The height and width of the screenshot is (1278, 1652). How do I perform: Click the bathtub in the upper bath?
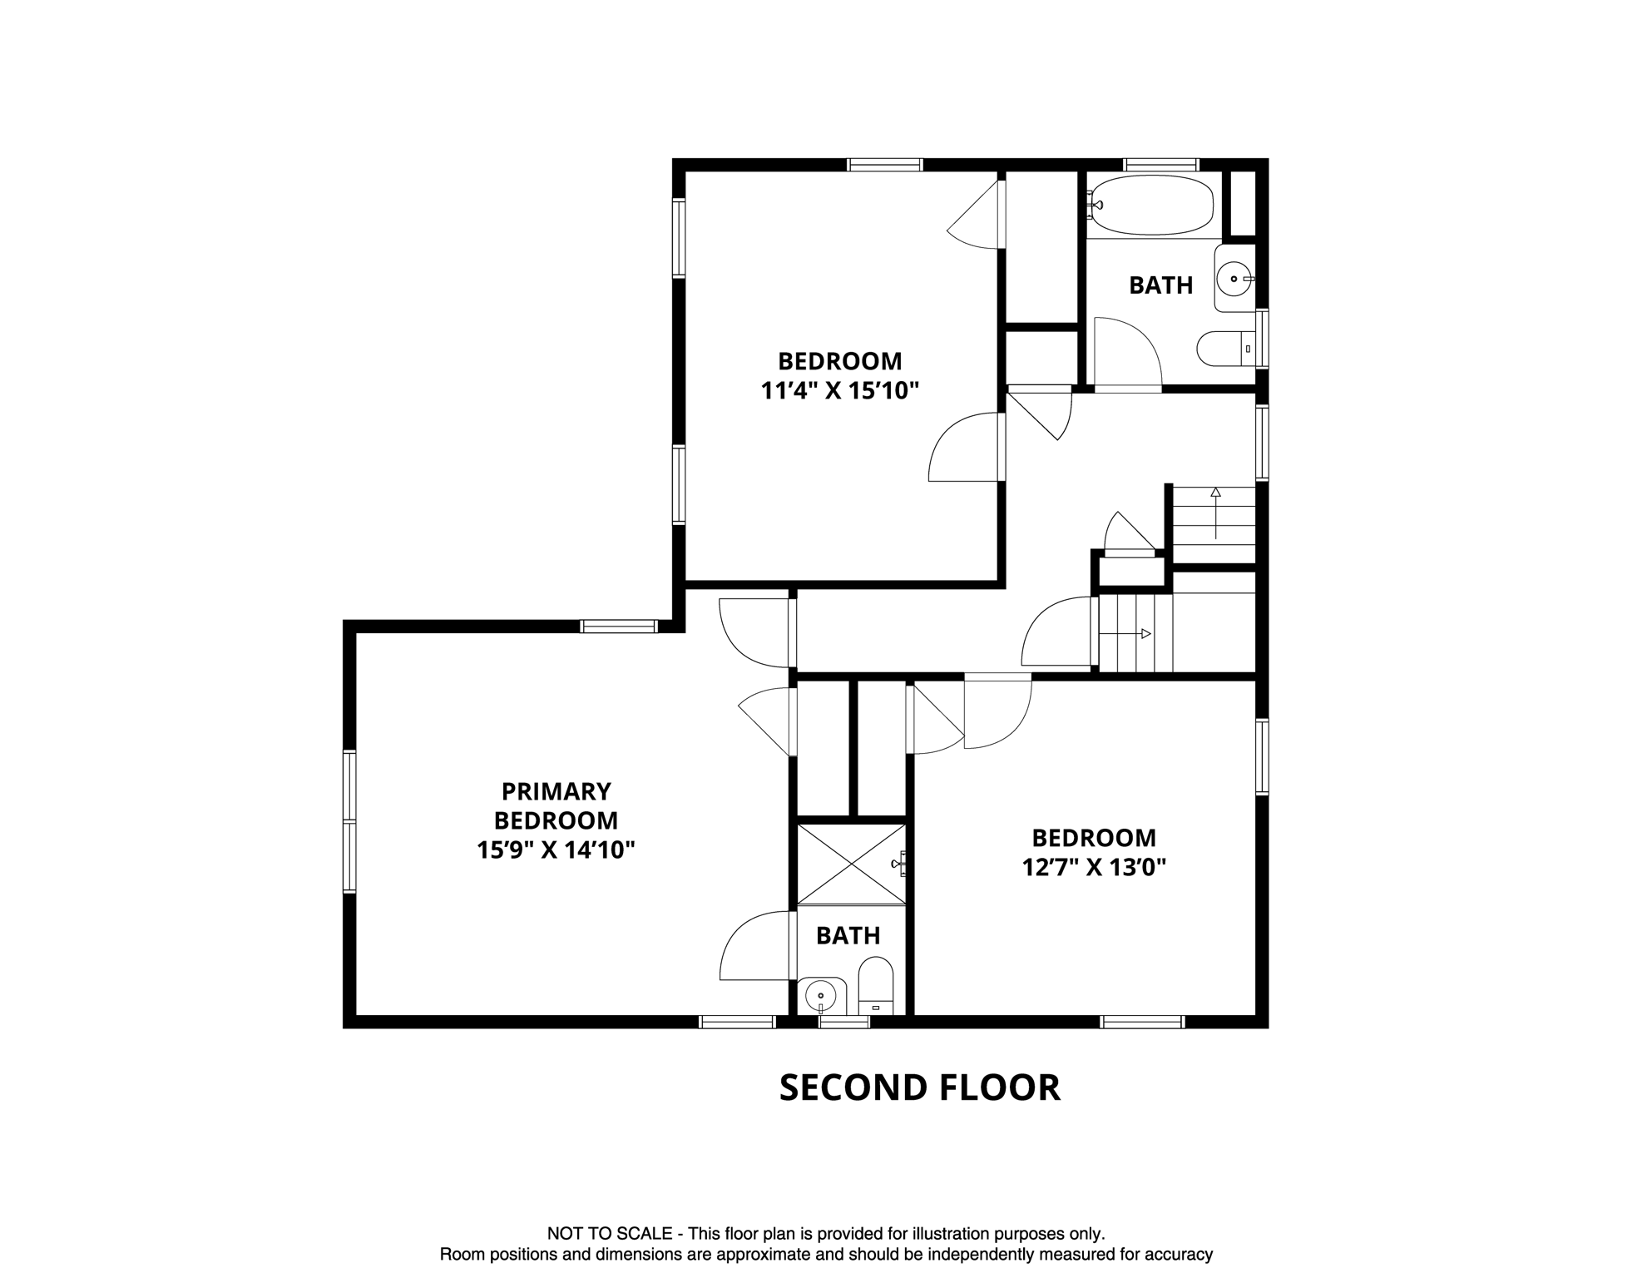1152,205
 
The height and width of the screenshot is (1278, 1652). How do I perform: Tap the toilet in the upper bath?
1224,349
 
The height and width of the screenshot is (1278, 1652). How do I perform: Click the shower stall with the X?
851,864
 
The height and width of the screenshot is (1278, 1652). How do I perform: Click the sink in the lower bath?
822,994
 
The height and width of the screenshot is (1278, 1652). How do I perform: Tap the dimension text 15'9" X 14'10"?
556,850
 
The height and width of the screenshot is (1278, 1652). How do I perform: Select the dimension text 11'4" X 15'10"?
839,391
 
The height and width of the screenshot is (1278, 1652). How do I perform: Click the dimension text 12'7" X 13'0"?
1094,868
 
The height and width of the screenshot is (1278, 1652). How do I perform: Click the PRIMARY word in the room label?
556,790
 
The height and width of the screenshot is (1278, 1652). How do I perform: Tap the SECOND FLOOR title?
919,1088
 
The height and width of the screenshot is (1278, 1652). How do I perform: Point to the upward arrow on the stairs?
1215,512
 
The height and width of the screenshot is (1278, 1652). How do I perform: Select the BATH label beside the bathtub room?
1160,285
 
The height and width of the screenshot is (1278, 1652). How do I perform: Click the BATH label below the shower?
848,936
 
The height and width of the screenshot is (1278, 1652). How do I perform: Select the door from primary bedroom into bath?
753,946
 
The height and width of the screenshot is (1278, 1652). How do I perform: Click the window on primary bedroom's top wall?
619,627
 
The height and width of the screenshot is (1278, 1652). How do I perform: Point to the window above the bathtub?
1160,165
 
